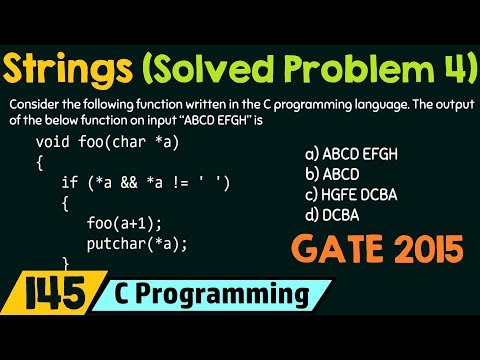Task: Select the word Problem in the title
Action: (x=357, y=70)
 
